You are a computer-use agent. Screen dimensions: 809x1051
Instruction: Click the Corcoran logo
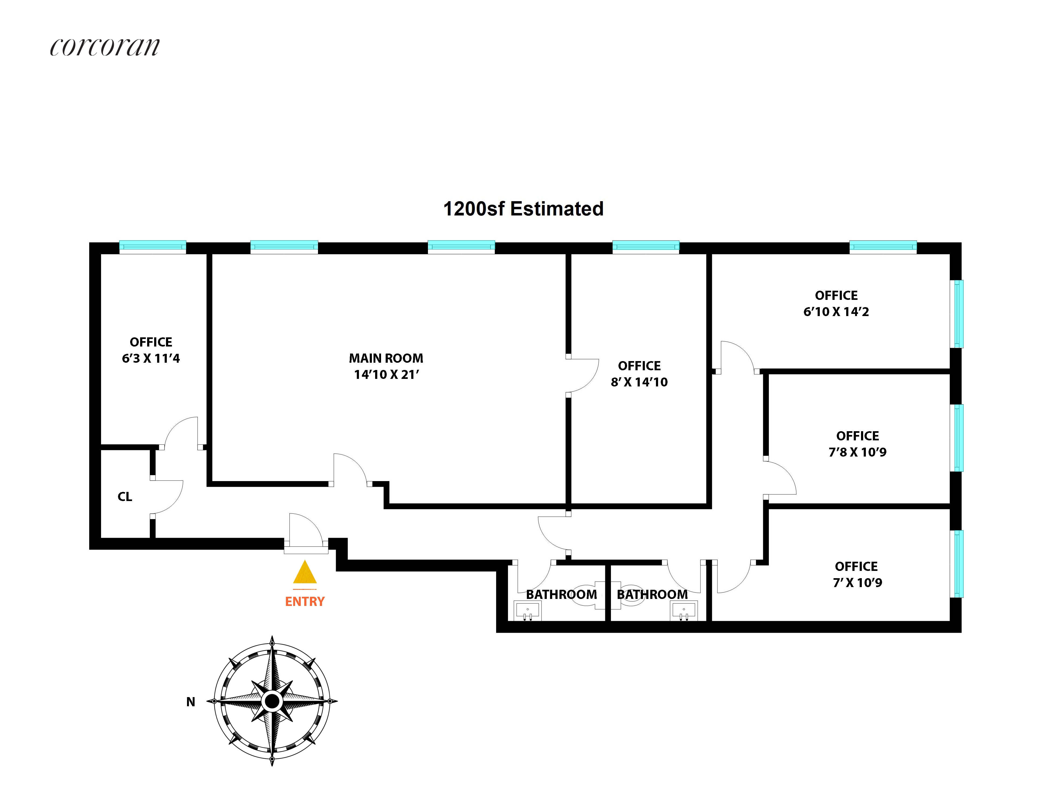(105, 47)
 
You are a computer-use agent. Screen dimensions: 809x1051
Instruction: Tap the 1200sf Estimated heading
(523, 209)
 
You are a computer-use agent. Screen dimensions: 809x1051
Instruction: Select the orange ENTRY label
(305, 601)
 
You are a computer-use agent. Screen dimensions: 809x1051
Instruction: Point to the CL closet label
(125, 496)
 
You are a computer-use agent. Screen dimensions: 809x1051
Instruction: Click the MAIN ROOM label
(386, 358)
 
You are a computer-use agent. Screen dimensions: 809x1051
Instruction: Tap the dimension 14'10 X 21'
(386, 375)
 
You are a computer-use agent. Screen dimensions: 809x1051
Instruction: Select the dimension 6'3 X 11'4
(151, 358)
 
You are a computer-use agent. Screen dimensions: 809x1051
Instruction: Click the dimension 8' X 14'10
(639, 382)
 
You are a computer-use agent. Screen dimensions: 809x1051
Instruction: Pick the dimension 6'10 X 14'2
(836, 311)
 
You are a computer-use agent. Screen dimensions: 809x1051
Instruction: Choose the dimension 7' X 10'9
(857, 583)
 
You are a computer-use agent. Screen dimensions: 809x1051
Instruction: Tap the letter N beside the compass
(191, 702)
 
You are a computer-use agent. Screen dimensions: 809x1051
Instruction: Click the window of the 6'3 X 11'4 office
(153, 246)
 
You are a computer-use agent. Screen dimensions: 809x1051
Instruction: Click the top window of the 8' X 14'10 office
(645, 246)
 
